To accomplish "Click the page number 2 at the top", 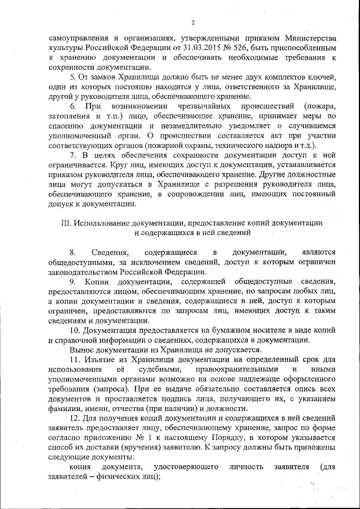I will [192, 22].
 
